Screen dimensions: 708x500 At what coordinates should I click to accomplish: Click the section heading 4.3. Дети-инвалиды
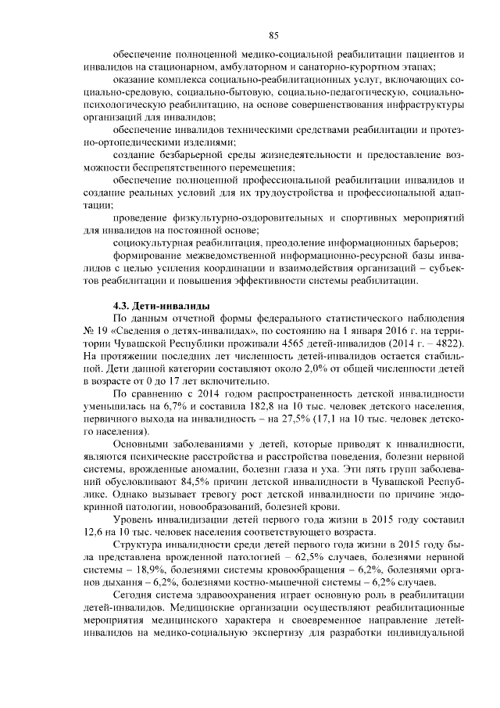(161, 304)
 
